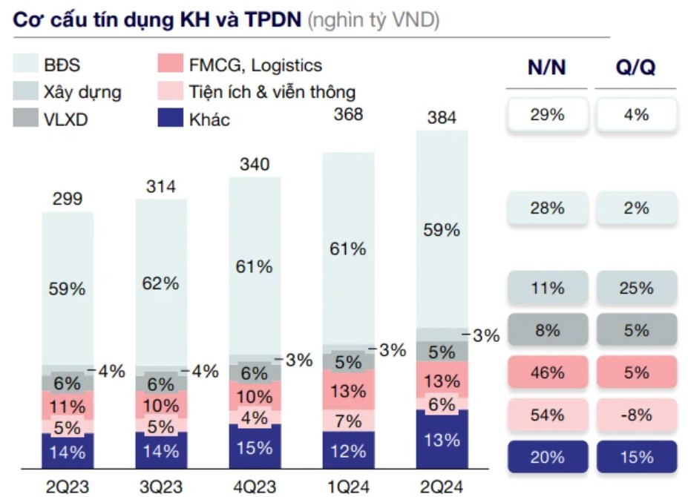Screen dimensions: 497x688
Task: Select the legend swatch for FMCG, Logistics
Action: (x=170, y=65)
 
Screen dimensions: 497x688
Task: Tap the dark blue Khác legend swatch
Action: (x=170, y=119)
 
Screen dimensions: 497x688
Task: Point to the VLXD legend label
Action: (x=65, y=119)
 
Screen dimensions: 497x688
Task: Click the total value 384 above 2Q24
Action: (x=442, y=117)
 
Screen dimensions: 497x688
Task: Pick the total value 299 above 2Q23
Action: (x=67, y=199)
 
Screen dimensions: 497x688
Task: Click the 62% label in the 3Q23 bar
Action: (x=161, y=283)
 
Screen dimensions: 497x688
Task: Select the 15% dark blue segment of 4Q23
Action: (x=255, y=450)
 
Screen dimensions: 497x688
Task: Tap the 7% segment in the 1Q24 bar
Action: (x=349, y=421)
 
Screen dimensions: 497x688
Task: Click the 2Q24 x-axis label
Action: (x=442, y=487)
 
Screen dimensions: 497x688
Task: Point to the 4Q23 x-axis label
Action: (x=255, y=487)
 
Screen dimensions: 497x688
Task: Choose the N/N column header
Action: (x=547, y=68)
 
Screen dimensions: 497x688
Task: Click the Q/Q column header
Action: (x=636, y=68)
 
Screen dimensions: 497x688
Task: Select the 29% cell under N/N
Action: (x=547, y=115)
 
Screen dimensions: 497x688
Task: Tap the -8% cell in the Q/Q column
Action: (x=636, y=415)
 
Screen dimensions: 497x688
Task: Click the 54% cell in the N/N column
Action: (x=547, y=415)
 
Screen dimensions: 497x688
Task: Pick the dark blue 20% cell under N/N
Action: (x=547, y=457)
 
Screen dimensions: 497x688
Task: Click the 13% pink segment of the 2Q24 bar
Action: (x=442, y=382)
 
